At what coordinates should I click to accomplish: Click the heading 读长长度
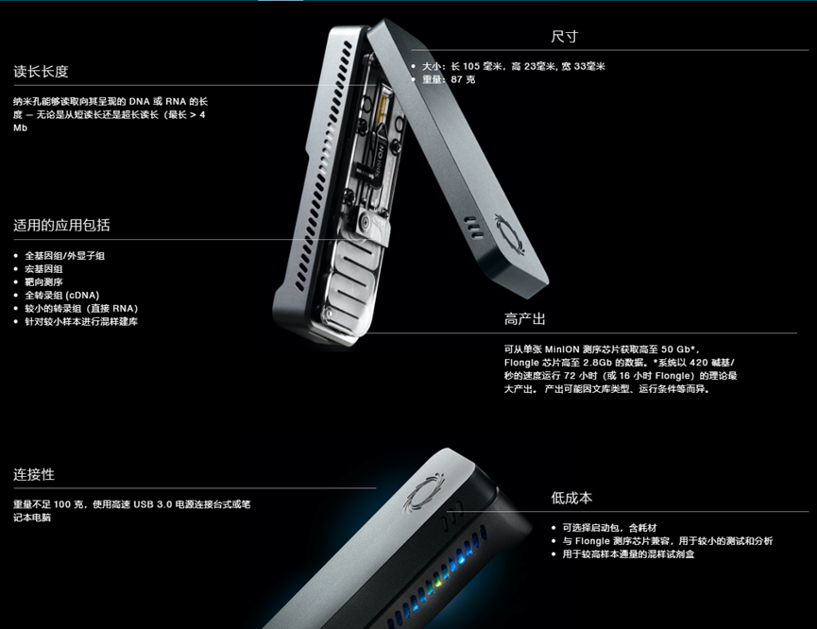point(41,72)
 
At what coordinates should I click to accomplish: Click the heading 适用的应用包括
point(61,225)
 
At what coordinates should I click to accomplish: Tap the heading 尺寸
point(564,37)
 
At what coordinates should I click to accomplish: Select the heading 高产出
point(525,319)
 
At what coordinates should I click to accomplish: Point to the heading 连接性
point(34,474)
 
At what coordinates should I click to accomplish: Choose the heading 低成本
point(571,498)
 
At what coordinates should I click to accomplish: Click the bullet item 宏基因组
point(43,269)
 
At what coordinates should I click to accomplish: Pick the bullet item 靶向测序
point(43,282)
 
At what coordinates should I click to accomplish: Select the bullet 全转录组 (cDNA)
point(62,295)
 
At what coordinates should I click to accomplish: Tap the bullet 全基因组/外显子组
point(64,255)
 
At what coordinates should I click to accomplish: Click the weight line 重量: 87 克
point(449,79)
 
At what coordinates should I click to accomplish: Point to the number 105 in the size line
point(471,66)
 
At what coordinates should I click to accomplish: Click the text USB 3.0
point(153,504)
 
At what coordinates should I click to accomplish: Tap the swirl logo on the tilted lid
point(510,234)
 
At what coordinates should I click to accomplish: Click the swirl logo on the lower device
point(423,490)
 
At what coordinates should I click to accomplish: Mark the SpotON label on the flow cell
point(380,161)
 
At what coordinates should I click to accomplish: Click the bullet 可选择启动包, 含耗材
point(609,528)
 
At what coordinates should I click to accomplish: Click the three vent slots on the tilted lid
point(473,228)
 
